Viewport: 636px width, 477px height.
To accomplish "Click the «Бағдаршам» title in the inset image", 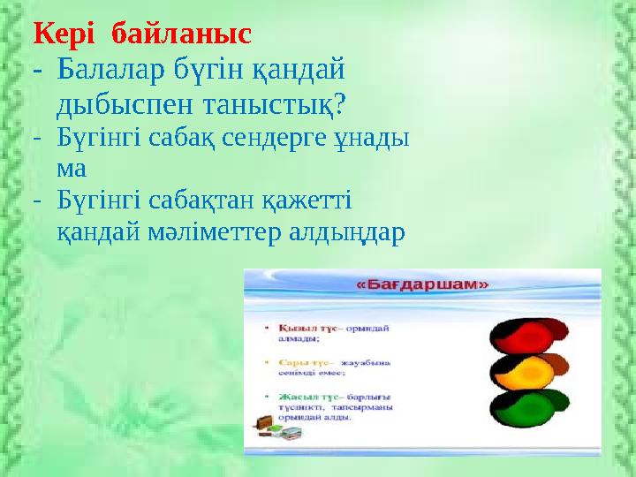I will click(x=422, y=285).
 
